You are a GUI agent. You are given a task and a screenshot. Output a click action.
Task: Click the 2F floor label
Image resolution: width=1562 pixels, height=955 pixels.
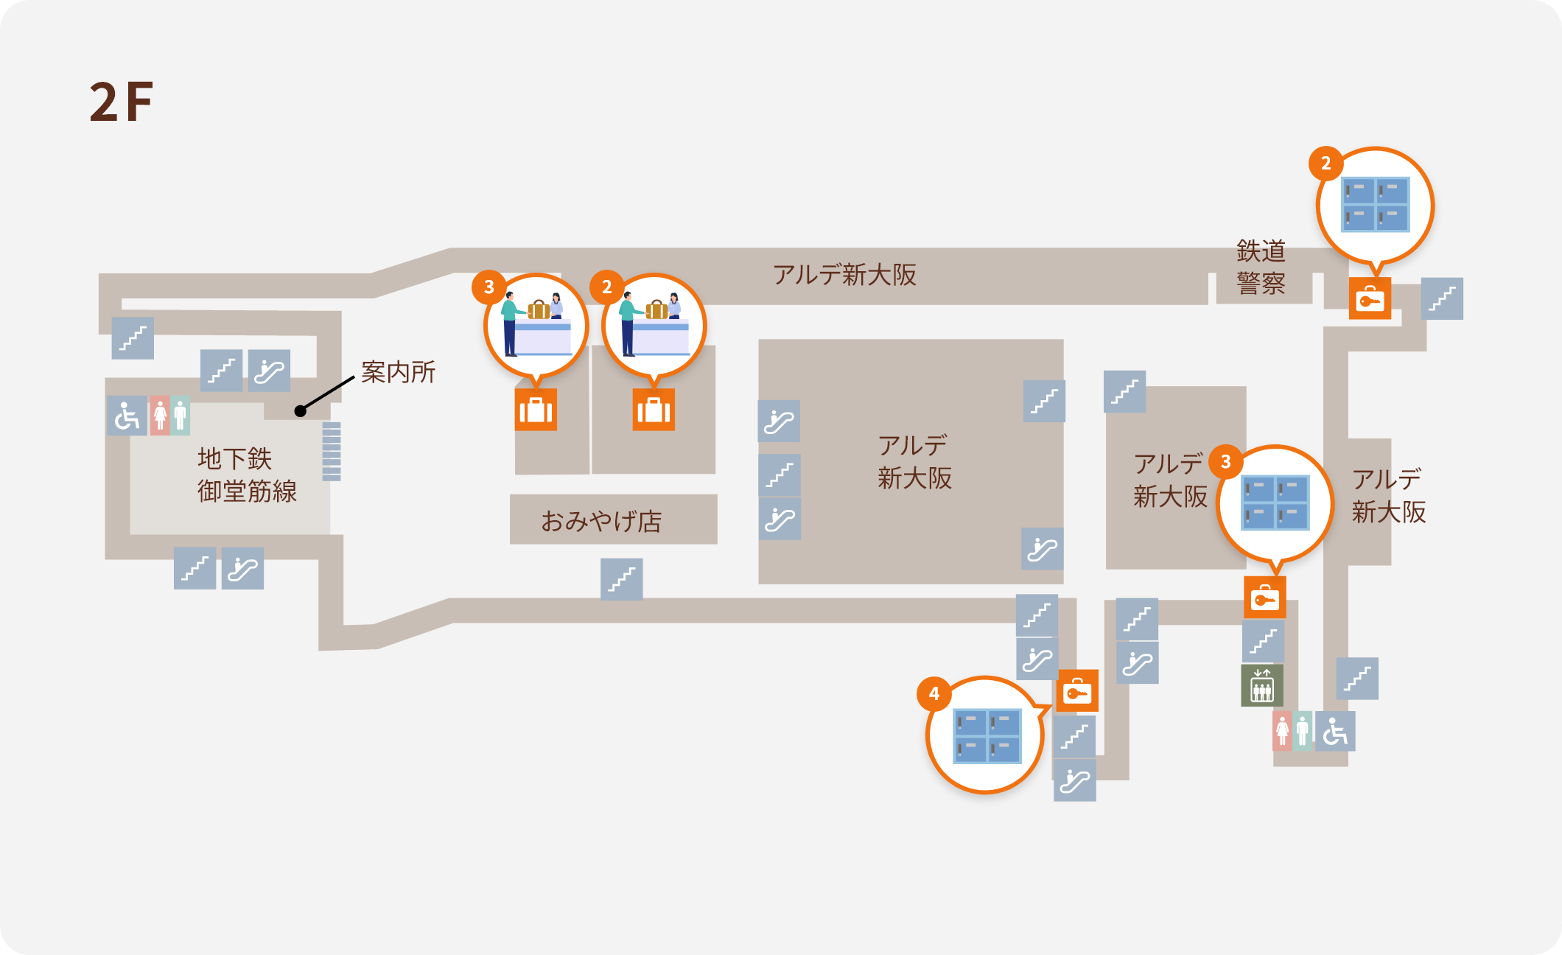coord(122,102)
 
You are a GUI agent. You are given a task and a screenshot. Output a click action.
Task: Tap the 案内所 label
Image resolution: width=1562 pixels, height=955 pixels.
coord(398,372)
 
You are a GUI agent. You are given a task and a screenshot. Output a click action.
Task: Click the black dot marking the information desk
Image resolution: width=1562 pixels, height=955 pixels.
coord(300,411)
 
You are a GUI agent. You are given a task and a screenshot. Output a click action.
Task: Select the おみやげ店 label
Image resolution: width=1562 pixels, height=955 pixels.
coord(601,521)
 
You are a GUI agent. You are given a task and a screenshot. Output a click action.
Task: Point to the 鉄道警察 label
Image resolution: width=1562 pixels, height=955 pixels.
coord(1261,267)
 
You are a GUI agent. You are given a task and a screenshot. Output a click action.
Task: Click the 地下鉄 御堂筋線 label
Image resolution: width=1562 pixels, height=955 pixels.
coord(246,475)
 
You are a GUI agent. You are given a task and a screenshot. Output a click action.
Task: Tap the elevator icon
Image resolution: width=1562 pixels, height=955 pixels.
coord(1262,685)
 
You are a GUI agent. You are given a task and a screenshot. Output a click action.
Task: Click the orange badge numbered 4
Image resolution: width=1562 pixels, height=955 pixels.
coord(934,693)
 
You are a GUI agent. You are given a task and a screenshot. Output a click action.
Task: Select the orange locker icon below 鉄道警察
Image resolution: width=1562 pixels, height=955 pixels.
coord(1370,298)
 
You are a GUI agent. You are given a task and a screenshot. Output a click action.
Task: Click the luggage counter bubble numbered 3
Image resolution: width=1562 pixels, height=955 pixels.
coord(536,325)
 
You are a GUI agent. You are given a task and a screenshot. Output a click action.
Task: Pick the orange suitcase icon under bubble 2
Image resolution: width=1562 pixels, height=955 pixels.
coord(654,410)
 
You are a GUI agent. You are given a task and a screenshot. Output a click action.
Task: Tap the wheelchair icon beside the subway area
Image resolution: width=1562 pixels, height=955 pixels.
coord(127,416)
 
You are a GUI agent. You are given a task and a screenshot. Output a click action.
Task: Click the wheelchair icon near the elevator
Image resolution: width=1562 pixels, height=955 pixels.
coord(1335,731)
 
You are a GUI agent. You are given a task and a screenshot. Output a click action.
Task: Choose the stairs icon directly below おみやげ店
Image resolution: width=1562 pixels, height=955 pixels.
coord(621,579)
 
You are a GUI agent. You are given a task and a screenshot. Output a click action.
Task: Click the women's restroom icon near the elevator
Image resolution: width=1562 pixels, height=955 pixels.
coord(1282,731)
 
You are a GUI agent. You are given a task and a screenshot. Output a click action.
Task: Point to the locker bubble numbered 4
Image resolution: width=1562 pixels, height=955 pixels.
coord(985,735)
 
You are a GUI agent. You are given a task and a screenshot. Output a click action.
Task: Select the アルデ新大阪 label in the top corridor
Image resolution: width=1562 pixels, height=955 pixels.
coord(844,275)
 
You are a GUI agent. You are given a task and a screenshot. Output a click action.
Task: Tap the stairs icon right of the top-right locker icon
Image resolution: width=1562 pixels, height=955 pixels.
coord(1442,298)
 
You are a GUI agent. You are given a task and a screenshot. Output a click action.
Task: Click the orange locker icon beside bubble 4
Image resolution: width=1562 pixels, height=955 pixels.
coord(1077,690)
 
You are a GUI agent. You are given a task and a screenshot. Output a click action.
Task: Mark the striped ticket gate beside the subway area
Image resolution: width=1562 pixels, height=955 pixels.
coord(332,451)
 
